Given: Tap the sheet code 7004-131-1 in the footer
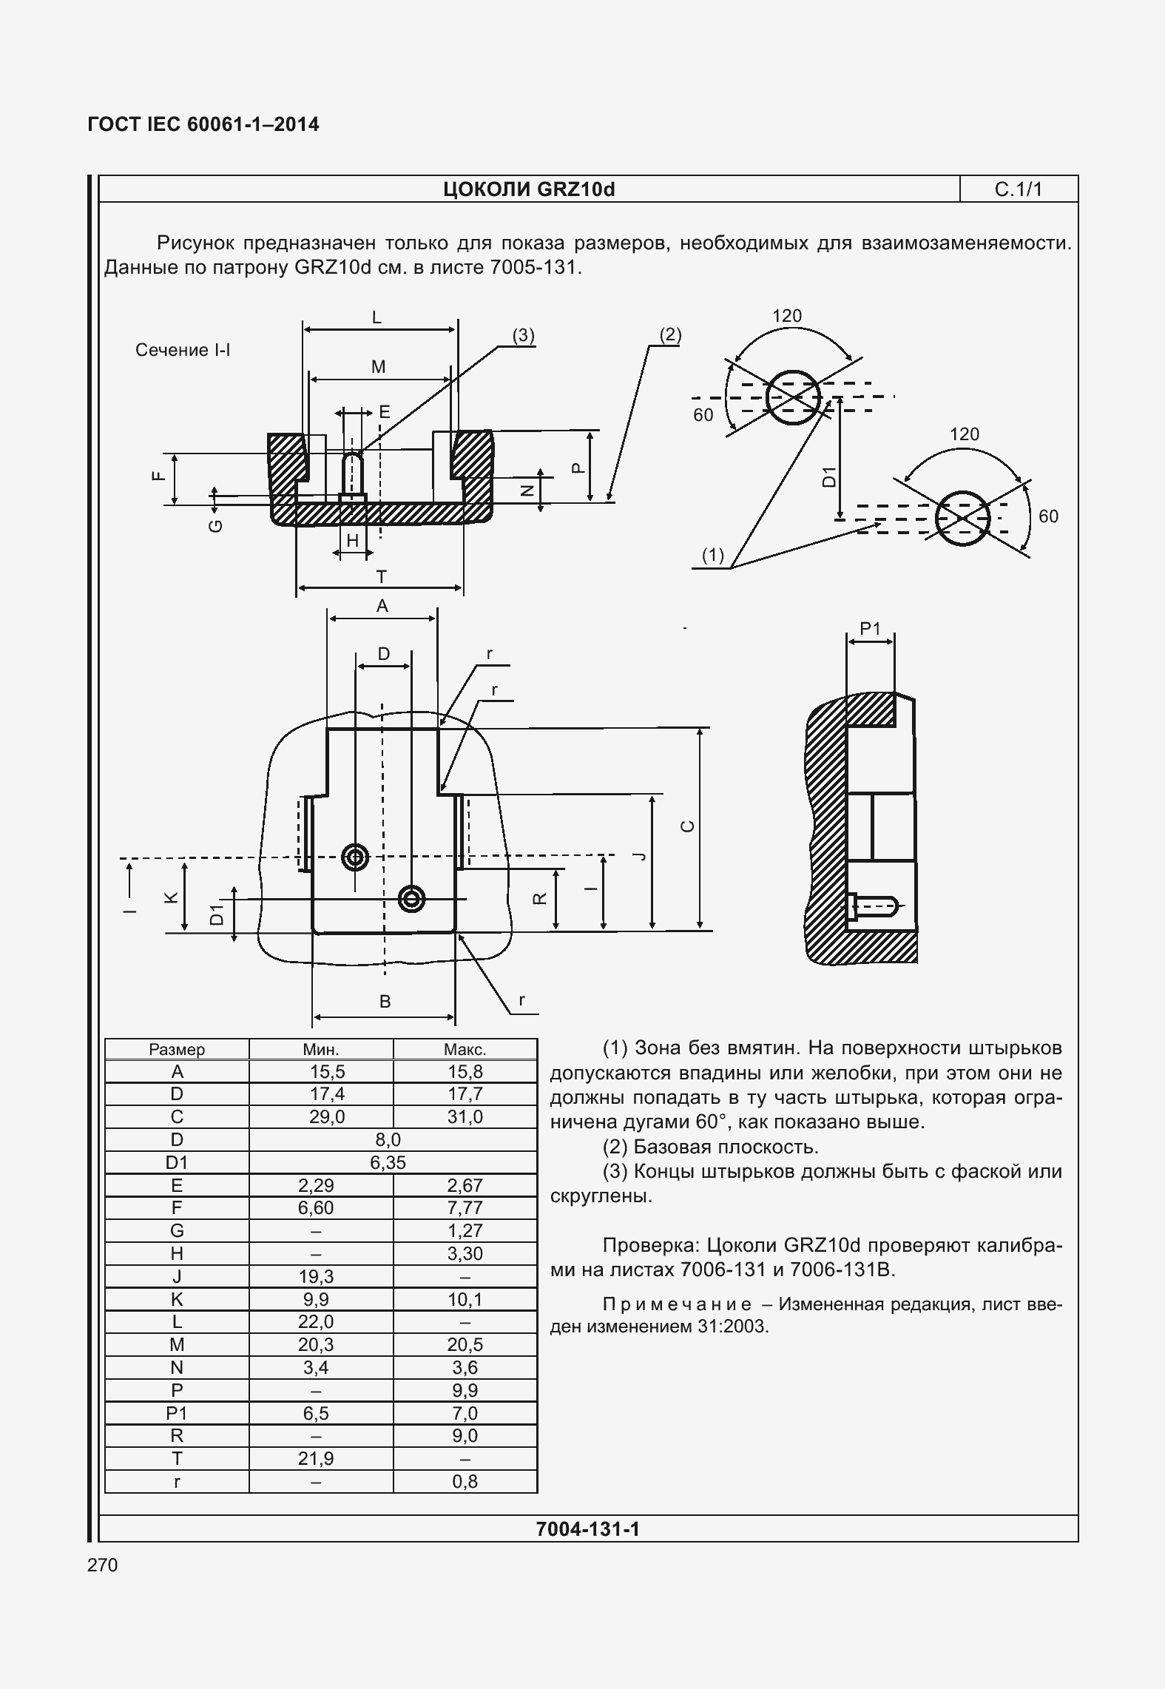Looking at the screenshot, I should tap(587, 1528).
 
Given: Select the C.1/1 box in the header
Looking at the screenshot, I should tap(1018, 189).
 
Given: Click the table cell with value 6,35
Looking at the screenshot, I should tap(388, 1162).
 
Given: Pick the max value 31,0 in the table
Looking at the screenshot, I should tap(465, 1116).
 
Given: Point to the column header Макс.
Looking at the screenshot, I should tap(465, 1049).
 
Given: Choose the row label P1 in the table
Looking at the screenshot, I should tap(177, 1413).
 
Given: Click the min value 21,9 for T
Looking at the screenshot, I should tap(316, 1458).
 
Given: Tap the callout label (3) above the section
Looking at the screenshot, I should tap(524, 335).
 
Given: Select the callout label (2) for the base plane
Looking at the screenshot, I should tap(670, 335).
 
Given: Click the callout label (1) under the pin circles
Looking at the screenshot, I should tap(712, 555).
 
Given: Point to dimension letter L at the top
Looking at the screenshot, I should tap(376, 318).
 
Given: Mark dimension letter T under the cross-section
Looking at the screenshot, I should tap(381, 576).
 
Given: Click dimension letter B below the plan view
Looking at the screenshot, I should tap(385, 1002).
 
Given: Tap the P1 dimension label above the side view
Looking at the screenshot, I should tap(870, 628).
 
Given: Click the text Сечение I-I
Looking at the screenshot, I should tap(183, 350).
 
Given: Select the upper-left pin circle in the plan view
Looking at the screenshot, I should tap(356, 857).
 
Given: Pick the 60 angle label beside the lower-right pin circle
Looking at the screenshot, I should tap(1048, 516).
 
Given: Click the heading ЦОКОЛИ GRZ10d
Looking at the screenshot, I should tap(529, 190).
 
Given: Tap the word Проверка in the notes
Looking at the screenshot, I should tap(651, 1245).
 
